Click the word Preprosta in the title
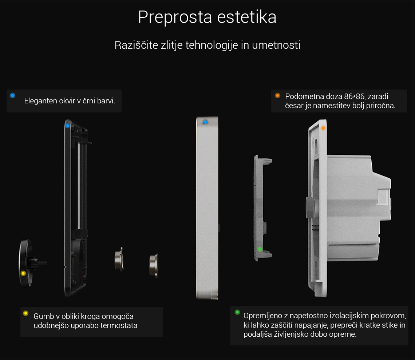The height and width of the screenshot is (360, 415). coord(175,17)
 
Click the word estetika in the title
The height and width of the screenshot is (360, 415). coord(247,17)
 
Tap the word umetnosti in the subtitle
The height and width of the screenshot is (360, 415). coord(276,45)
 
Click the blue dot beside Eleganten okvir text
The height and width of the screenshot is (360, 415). coord(12,96)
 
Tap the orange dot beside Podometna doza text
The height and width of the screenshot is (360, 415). coord(277,96)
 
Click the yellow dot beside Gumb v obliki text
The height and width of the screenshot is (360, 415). coord(26,313)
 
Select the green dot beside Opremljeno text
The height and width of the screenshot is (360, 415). coord(237,312)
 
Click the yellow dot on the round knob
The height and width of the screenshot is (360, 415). coord(23,273)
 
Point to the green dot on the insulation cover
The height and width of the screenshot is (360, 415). coord(260,249)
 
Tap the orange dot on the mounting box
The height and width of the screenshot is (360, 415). coord(323,128)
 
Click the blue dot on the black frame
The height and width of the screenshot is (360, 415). coord(68,126)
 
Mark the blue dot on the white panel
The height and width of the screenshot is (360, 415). coord(205,122)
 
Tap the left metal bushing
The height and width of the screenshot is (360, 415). coord(119,260)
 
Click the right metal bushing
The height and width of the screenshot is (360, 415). coord(154,265)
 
